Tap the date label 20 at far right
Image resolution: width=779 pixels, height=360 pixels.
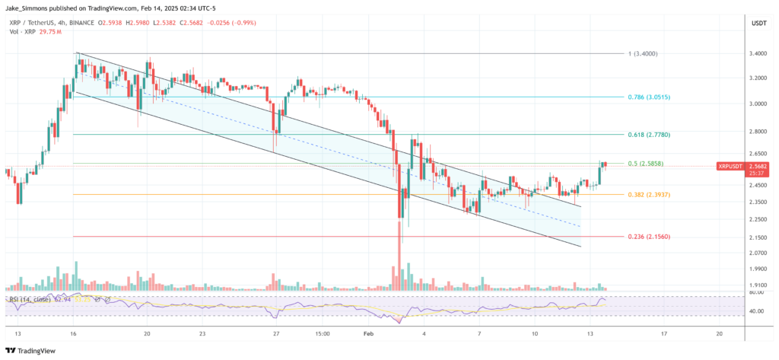720,333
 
